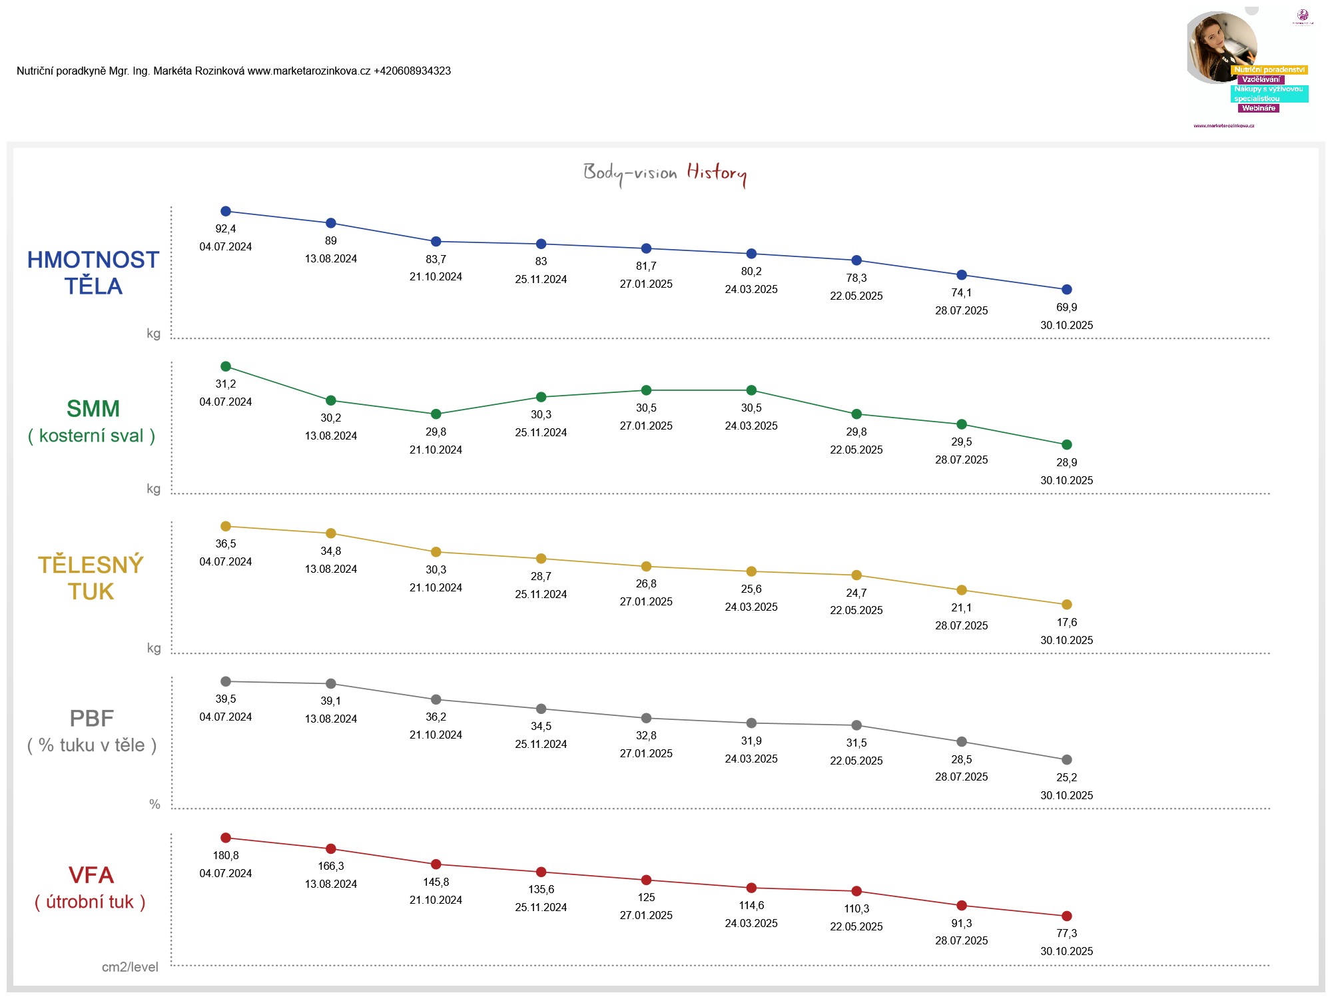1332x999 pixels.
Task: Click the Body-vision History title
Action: (x=665, y=173)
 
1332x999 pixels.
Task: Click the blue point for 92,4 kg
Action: (x=226, y=211)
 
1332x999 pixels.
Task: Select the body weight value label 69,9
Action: (x=1066, y=308)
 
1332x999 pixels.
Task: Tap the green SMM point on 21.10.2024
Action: (x=436, y=414)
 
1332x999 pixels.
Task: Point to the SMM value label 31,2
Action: (x=226, y=384)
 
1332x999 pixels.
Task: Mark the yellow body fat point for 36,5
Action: (x=226, y=526)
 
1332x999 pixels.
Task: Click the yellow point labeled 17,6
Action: (x=1066, y=605)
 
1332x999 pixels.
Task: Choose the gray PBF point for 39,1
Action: (x=331, y=684)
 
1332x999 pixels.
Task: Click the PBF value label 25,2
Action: (x=1066, y=778)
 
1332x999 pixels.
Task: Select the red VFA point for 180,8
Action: (x=226, y=838)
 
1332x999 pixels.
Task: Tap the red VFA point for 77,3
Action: (x=1066, y=916)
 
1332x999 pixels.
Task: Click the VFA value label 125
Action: (x=646, y=898)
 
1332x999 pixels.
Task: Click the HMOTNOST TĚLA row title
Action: (x=93, y=273)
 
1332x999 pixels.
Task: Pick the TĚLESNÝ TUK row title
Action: (x=91, y=578)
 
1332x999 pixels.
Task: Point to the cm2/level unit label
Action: (x=130, y=967)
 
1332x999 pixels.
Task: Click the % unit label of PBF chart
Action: (x=155, y=805)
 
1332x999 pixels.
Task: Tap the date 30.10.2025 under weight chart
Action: (x=1066, y=326)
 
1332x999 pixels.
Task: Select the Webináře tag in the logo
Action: (x=1258, y=109)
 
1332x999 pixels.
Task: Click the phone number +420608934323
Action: (x=412, y=71)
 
